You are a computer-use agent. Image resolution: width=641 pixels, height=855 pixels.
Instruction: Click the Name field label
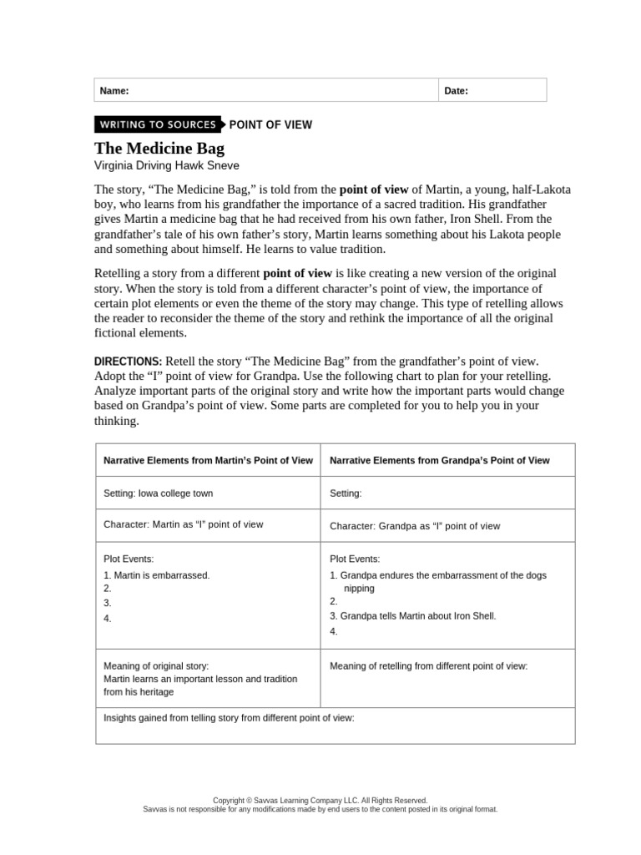[x=114, y=91]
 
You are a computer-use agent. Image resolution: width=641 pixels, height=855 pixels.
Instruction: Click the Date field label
[x=456, y=91]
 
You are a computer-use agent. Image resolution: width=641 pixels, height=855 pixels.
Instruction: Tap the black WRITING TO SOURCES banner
[x=158, y=124]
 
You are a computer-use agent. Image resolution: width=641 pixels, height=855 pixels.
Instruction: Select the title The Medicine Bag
[x=159, y=149]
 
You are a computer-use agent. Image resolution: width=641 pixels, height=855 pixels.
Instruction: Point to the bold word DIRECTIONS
[x=129, y=362]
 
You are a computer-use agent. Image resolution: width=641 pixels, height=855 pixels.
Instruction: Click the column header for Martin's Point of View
[x=208, y=460]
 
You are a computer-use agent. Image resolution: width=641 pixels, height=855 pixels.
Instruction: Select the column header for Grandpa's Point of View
[x=440, y=460]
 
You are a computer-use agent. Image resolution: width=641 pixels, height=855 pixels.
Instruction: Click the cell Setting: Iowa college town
[x=152, y=493]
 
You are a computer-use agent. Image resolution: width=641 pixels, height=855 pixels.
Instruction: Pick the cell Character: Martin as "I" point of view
[x=183, y=525]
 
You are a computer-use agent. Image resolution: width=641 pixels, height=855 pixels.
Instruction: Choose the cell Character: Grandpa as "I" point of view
[x=415, y=526]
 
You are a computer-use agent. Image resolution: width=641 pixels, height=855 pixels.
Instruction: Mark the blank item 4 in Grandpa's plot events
[x=334, y=632]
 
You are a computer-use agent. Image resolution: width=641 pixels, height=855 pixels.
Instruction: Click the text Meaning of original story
[x=156, y=666]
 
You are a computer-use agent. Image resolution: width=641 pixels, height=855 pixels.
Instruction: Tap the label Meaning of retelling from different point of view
[x=429, y=666]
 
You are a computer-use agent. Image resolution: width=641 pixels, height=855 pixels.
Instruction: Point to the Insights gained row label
[x=229, y=717]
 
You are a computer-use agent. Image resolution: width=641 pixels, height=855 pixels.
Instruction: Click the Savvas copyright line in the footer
[x=320, y=800]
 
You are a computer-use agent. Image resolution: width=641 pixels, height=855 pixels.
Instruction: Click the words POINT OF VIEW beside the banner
[x=270, y=125]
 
